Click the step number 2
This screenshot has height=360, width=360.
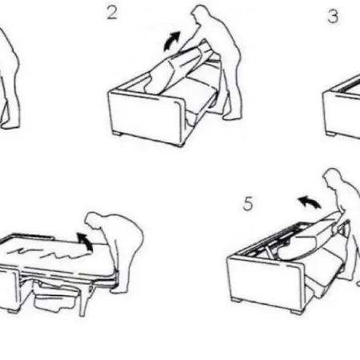112,13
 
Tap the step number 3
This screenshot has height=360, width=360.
333,16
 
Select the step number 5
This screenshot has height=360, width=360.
248,204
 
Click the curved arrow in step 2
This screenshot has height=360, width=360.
171,41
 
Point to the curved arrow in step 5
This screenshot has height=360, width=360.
310,202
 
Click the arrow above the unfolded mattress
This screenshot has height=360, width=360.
86,242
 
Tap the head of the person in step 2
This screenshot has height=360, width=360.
201,14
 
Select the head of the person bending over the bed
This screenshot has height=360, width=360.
94,221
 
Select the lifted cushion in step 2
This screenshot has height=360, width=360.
174,70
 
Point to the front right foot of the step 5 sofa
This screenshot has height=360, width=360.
295,311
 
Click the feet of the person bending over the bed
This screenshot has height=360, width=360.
119,290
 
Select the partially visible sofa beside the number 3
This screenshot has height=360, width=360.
342,106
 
